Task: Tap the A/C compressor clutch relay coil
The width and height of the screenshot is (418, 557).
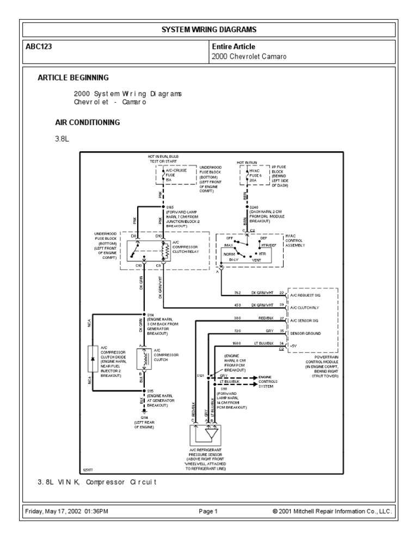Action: click(162, 249)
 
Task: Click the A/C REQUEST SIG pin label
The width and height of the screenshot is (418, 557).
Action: click(309, 293)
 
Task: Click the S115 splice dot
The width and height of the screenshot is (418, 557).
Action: click(144, 391)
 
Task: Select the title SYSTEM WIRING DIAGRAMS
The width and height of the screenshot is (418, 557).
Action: click(208, 29)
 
